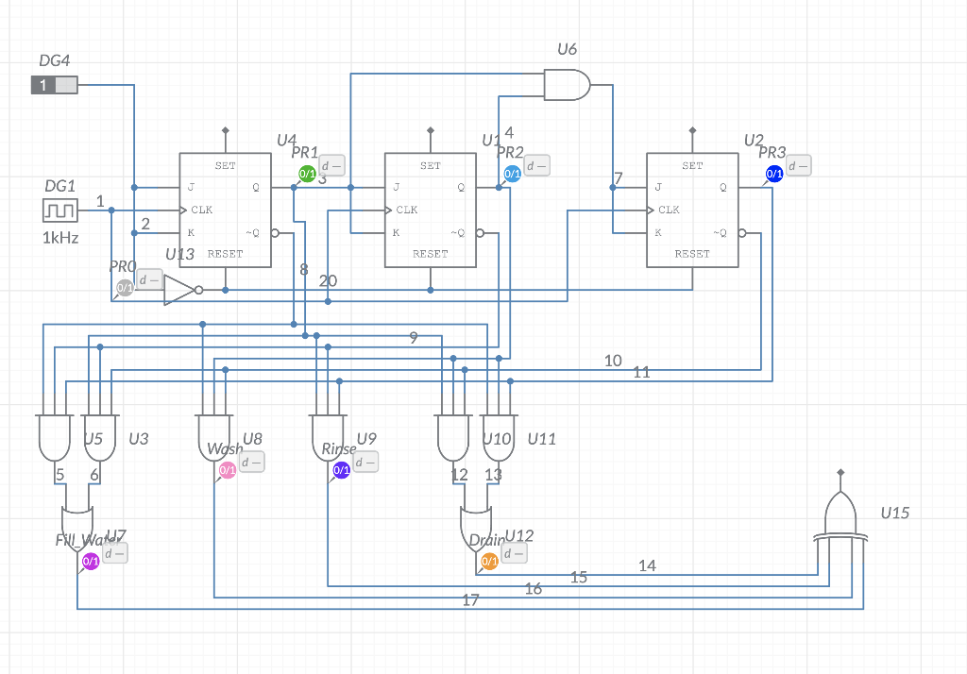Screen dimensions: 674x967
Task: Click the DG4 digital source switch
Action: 54,86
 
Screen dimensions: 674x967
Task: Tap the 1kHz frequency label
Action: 60,238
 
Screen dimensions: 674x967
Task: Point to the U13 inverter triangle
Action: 178,290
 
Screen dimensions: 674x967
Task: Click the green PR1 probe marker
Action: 307,174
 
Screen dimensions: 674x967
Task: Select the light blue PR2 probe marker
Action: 512,174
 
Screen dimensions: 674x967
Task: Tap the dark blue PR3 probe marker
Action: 774,174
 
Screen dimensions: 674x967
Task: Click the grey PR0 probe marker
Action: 125,287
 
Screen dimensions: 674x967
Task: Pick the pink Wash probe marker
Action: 228,470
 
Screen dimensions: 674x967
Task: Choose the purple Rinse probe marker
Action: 342,470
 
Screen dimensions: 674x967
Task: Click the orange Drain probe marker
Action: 489,562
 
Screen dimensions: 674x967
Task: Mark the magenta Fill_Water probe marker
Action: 91,562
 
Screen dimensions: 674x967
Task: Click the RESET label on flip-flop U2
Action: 692,254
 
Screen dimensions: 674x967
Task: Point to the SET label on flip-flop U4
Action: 225,166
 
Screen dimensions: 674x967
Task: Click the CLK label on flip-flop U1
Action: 407,210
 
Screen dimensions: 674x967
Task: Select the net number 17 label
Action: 470,599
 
